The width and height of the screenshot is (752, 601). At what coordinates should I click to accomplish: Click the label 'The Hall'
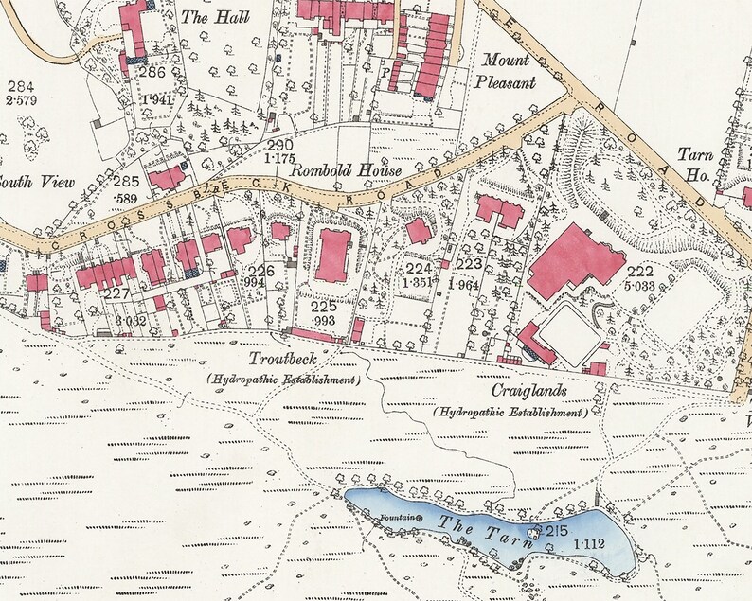206,16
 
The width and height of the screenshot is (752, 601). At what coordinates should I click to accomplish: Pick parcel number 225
324,307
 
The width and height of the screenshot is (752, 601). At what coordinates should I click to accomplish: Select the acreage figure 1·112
590,544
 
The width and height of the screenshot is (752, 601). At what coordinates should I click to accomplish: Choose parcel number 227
116,293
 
